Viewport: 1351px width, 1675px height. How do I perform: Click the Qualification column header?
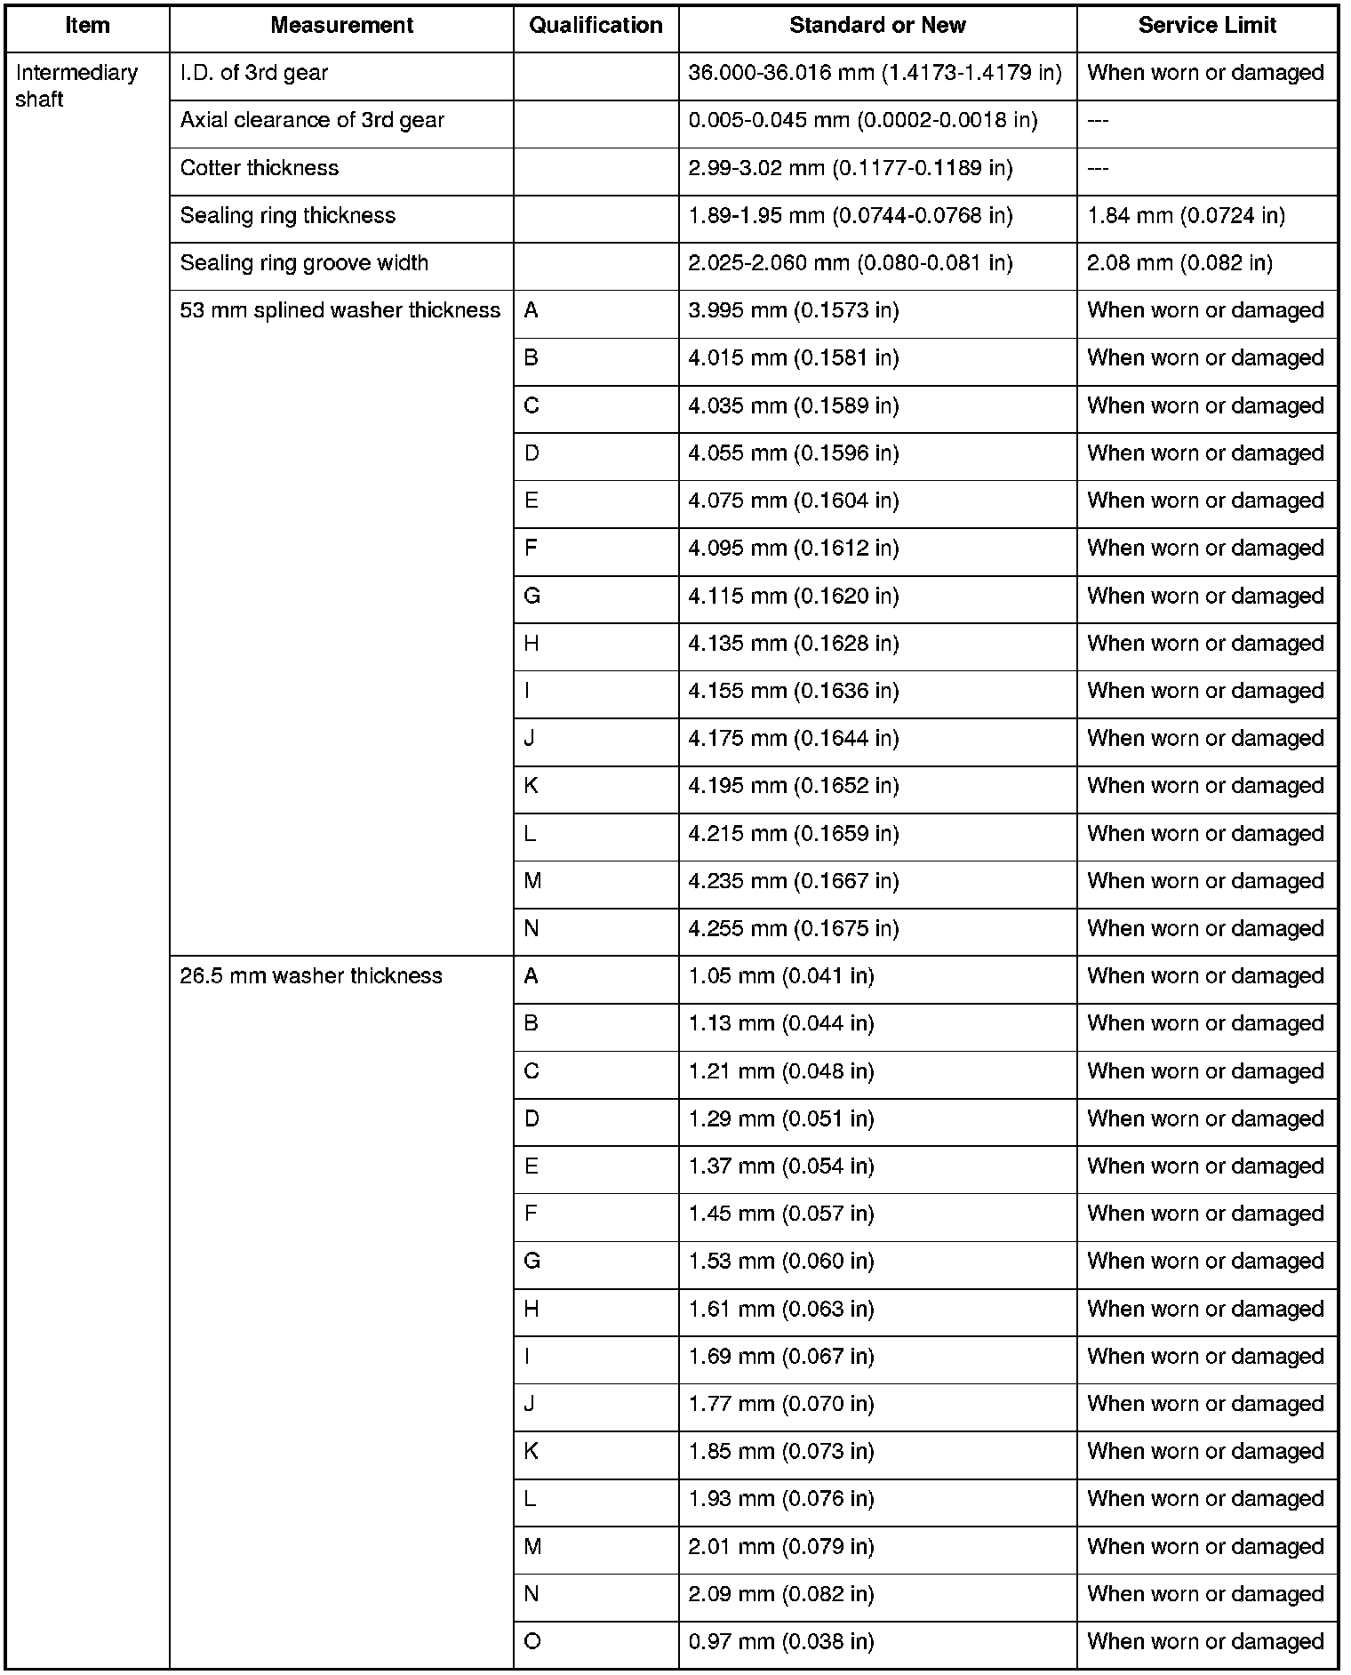coord(596,26)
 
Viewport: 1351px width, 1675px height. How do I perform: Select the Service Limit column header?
coord(1207,26)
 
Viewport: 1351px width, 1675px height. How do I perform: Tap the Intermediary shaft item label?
coord(76,85)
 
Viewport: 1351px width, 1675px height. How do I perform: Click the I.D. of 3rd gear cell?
coord(254,73)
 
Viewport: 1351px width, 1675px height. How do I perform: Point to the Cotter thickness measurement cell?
coord(260,168)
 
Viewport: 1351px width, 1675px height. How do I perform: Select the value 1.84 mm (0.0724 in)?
coord(1186,216)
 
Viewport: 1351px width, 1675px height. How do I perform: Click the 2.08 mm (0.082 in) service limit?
coord(1179,263)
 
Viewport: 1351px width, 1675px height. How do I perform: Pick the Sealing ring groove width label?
coord(304,263)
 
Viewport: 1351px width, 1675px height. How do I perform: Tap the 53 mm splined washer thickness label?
coord(340,310)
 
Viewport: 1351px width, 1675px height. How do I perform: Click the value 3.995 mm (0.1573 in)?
coord(794,310)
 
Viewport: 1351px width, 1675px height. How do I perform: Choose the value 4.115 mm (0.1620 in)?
coord(794,596)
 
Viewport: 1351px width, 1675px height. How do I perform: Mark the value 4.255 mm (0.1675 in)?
coord(794,929)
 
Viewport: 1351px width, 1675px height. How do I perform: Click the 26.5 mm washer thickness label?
coord(311,976)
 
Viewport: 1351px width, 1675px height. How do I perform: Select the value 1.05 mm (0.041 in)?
coord(781,976)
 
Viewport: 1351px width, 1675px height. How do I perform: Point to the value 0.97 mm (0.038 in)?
coord(781,1642)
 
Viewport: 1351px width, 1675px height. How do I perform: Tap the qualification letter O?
coord(532,1642)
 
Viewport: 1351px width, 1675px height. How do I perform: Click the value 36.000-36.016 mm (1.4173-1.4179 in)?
coord(875,73)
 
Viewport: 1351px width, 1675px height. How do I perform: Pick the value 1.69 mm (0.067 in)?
coord(781,1357)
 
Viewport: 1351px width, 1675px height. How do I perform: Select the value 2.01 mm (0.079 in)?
coord(781,1547)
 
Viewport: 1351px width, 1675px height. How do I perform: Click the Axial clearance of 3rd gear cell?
coord(312,121)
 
